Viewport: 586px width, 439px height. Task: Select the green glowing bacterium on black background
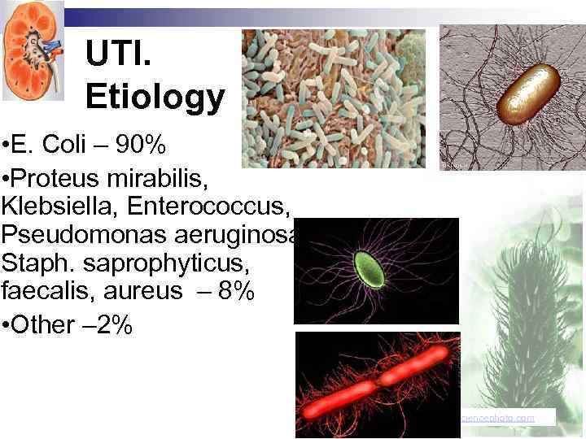tap(368, 268)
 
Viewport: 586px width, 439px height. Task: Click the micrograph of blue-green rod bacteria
tap(334, 98)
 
